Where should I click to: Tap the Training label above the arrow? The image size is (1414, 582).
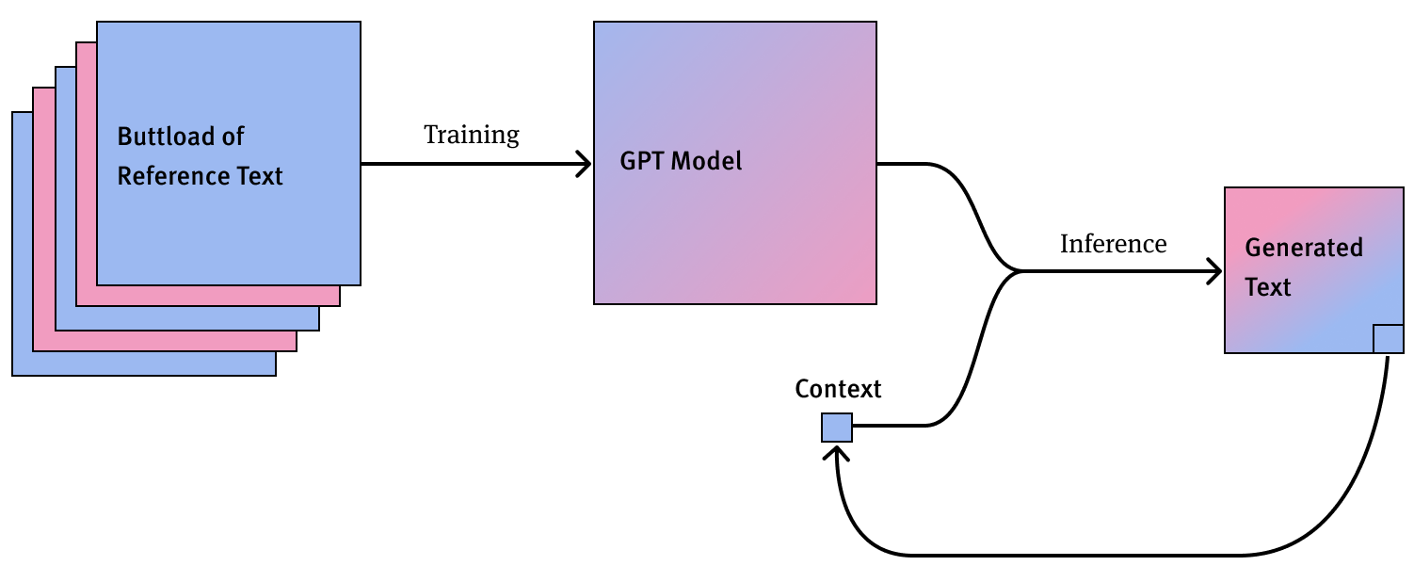pos(472,135)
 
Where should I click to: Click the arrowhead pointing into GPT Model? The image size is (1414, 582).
pos(584,164)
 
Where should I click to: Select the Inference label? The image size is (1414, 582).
pos(1113,244)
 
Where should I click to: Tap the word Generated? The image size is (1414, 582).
pos(1304,248)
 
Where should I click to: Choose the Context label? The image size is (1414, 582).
pos(838,389)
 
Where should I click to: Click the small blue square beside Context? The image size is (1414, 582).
pos(837,428)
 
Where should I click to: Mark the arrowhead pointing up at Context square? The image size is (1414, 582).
pos(837,453)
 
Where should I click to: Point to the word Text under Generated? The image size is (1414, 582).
pos(1268,287)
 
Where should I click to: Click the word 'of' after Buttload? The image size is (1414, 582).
pos(233,137)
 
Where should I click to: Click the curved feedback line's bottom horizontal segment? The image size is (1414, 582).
pos(1083,555)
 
